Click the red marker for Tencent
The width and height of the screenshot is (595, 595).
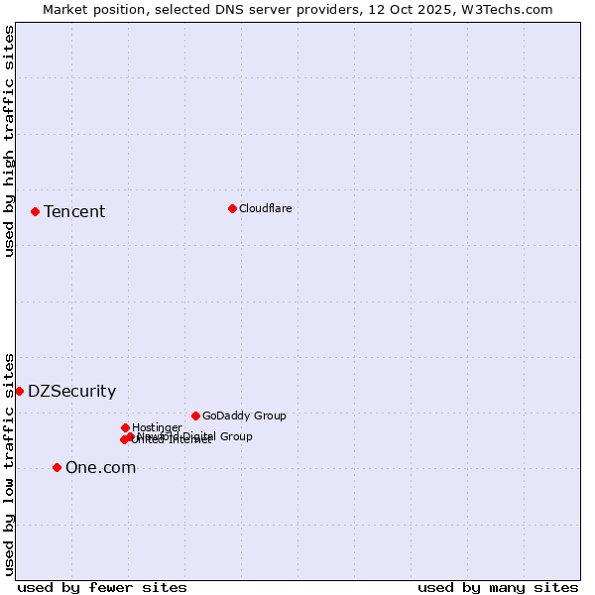pos(35,211)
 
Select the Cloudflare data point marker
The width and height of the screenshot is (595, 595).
pos(232,208)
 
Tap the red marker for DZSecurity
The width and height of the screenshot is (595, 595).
pos(19,391)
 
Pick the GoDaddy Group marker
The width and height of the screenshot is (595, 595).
pos(195,416)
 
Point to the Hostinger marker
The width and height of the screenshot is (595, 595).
pos(125,427)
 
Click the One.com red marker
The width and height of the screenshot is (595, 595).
pos(57,467)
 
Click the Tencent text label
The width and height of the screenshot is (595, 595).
pos(74,211)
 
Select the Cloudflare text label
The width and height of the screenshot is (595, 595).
pos(266,208)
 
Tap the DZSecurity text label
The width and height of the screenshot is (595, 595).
pos(71,391)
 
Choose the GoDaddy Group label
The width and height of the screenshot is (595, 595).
pos(244,416)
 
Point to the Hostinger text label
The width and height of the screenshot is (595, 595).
pos(157,427)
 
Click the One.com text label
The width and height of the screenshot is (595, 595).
pos(100,468)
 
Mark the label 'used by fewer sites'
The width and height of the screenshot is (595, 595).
pos(102,587)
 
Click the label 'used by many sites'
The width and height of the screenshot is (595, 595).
pos(498,587)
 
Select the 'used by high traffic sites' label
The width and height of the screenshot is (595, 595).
pos(9,141)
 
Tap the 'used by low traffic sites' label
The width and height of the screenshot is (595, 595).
pos(9,463)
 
